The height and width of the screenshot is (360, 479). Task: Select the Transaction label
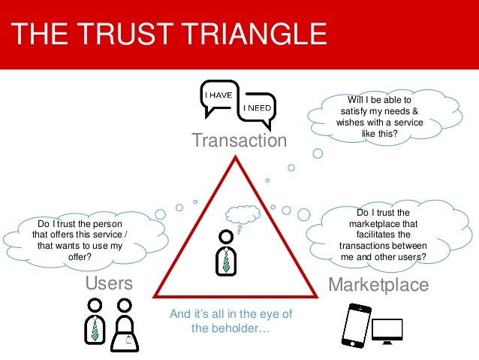(239, 141)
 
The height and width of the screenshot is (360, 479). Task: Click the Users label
(110, 283)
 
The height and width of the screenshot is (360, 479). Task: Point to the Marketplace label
(379, 285)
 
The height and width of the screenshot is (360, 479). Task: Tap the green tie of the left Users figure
(95, 328)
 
